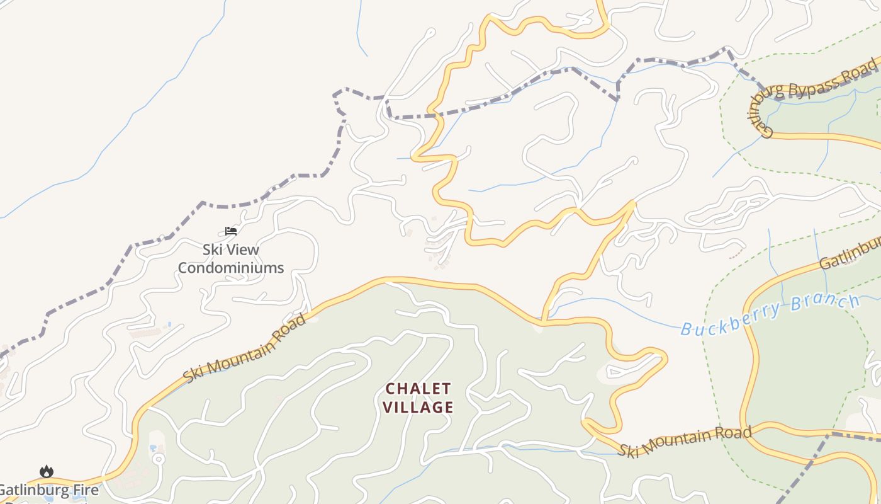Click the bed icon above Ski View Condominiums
tap(231, 231)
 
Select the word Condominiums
tap(230, 268)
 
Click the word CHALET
tap(418, 388)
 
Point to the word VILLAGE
tap(418, 407)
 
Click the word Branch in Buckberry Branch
tap(826, 304)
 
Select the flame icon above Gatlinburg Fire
tap(47, 471)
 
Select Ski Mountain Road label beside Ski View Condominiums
tap(245, 348)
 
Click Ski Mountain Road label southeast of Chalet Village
tap(684, 442)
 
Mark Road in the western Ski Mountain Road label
tap(291, 326)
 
